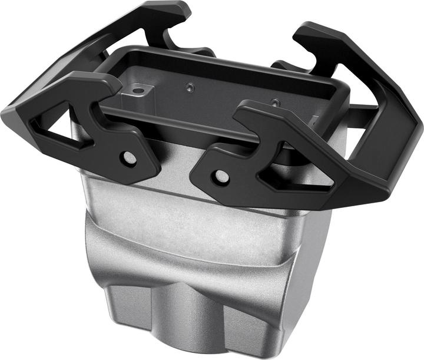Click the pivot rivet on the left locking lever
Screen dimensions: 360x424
tap(127, 158)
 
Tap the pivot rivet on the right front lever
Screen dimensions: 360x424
tap(220, 176)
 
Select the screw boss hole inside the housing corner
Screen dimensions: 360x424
tap(138, 91)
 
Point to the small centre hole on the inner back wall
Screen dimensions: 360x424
tap(188, 88)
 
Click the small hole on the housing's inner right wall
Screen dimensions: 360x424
tap(274, 101)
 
